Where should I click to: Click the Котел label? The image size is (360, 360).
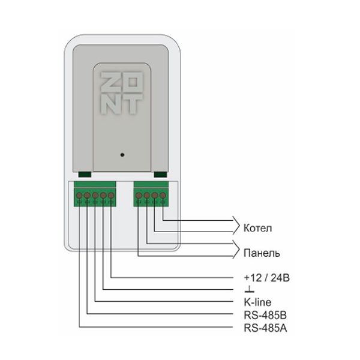[257, 228]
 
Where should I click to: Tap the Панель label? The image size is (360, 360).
[262, 253]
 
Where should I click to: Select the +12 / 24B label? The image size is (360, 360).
[266, 278]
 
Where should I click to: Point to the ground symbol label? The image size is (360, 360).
[250, 290]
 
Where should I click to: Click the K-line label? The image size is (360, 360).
[257, 302]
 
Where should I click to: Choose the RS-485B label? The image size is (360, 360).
[265, 315]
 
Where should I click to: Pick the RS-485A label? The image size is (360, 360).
[265, 328]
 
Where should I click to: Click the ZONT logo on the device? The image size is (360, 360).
[121, 93]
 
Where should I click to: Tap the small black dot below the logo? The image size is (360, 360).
[122, 155]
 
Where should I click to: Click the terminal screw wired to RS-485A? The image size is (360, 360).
[79, 196]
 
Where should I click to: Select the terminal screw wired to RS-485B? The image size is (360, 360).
[87, 196]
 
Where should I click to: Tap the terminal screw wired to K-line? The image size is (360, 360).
[95, 196]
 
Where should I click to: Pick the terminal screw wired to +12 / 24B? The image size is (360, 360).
[111, 196]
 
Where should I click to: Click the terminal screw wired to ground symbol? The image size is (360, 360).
[103, 196]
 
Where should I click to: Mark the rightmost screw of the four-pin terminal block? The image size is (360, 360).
[163, 196]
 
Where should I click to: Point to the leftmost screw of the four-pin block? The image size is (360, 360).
[139, 196]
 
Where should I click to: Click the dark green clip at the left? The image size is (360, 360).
[85, 175]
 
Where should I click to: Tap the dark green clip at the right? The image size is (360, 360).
[160, 175]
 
